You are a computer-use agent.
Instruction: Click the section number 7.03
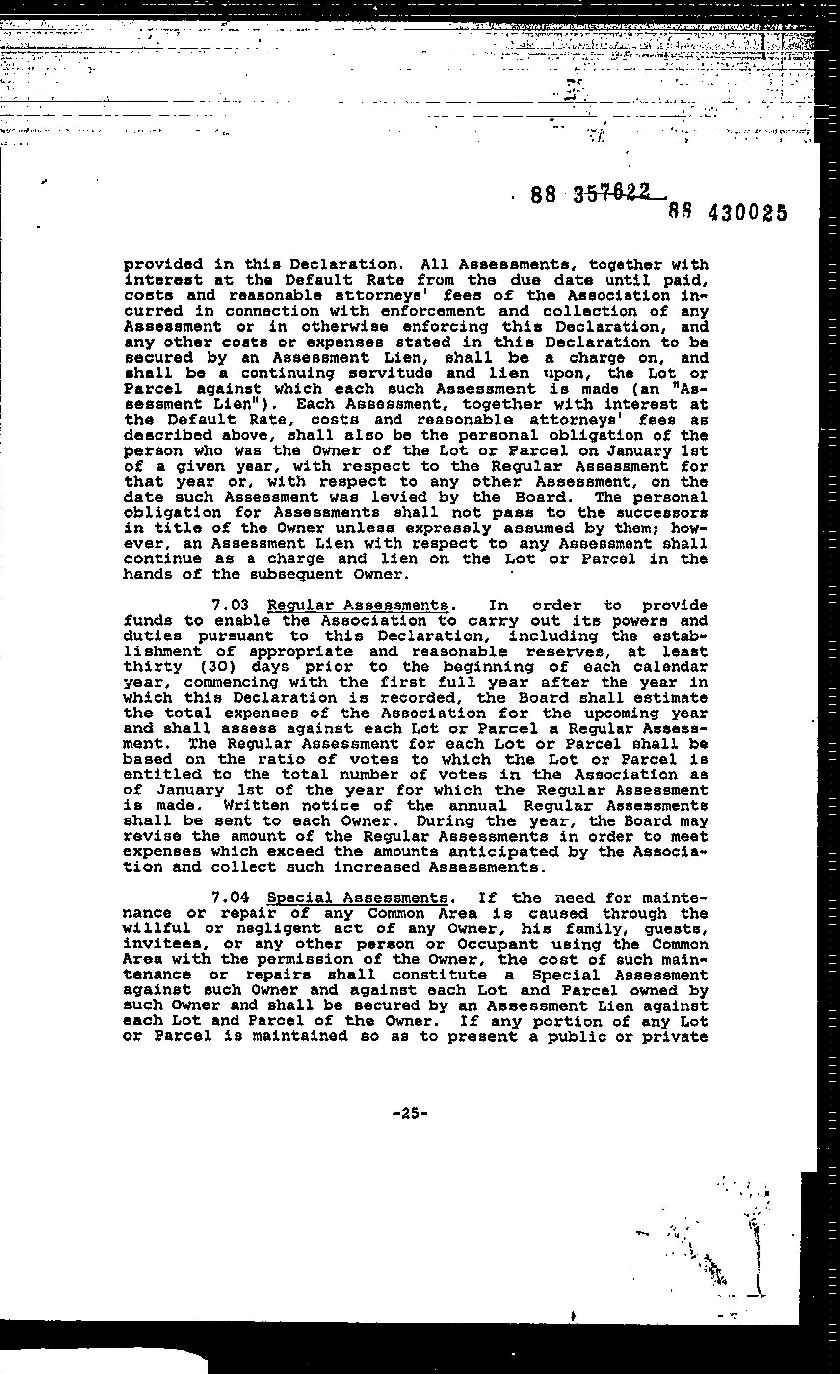(x=230, y=606)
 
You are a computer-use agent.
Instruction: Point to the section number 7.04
(x=230, y=898)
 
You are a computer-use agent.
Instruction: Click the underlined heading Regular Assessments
(x=357, y=606)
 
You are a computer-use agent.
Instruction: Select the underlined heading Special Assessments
(x=357, y=898)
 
